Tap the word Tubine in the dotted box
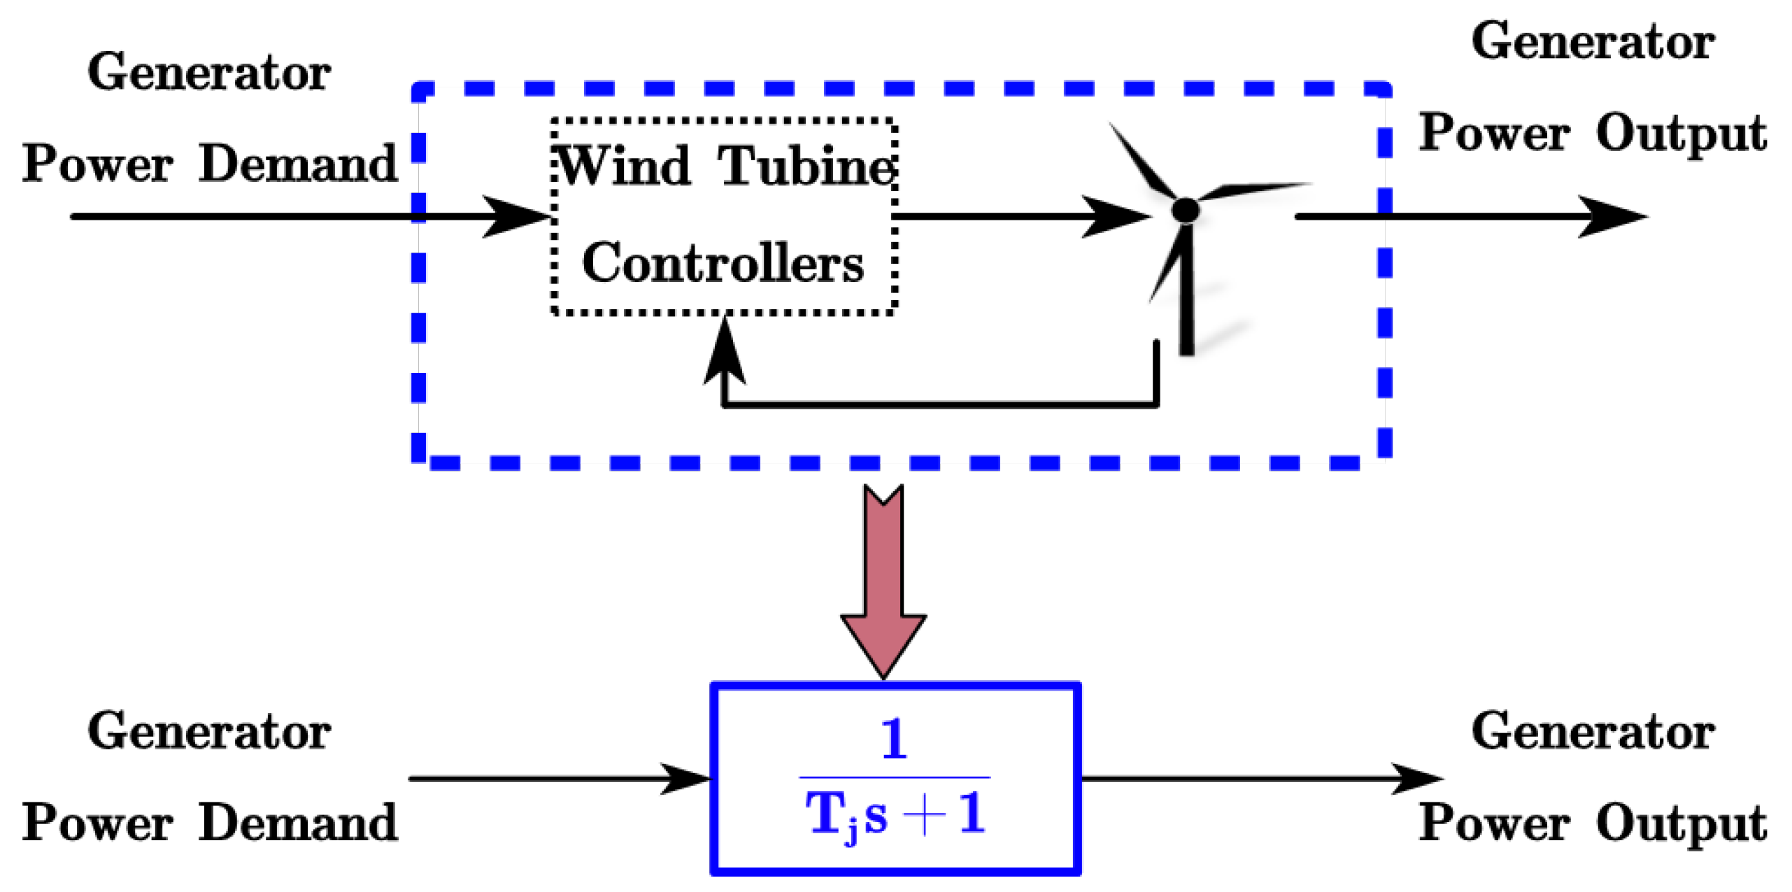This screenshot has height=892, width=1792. [806, 167]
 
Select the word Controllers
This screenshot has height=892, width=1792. [723, 263]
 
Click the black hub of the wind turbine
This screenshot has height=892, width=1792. [1185, 210]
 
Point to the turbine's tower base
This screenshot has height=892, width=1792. [1186, 346]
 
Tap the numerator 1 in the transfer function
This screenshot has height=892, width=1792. [895, 739]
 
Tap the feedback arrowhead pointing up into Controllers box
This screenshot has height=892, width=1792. [725, 353]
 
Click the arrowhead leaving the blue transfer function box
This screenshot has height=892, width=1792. [1416, 778]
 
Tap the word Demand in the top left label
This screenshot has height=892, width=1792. [299, 164]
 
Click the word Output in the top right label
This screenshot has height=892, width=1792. [1681, 133]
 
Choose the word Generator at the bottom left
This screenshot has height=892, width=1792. [209, 732]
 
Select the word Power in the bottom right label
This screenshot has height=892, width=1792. [1494, 823]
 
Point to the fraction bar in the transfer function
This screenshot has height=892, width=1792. [895, 777]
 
